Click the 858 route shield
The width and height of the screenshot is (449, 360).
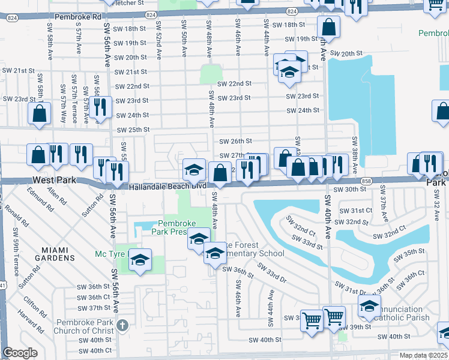365,181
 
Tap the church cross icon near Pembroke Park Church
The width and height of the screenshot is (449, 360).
122,325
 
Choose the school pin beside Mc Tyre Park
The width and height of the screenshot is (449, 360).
140,260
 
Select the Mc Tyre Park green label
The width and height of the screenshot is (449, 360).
112,254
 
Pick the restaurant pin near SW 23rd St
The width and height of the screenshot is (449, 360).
100,107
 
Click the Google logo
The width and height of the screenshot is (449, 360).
20,353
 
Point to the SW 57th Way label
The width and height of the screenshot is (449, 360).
63,103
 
